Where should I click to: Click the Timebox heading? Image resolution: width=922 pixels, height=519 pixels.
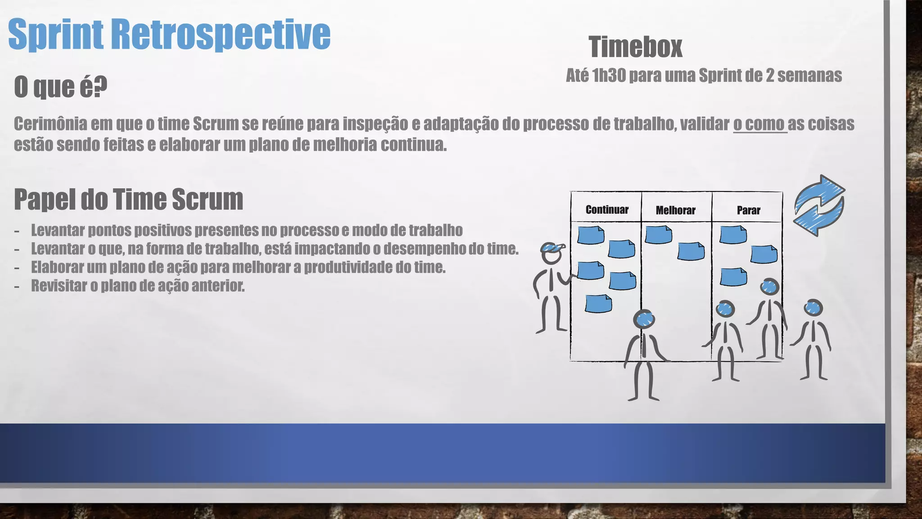click(x=635, y=47)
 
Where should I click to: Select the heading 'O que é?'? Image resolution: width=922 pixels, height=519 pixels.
click(x=61, y=86)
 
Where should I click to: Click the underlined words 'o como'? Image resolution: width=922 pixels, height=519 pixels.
click(x=759, y=123)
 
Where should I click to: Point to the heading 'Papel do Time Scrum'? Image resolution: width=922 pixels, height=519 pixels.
click(x=128, y=199)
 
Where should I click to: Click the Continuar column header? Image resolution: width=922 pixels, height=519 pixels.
click(x=607, y=209)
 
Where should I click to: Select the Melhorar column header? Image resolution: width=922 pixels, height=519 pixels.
click(x=675, y=210)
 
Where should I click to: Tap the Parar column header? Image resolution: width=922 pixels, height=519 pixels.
click(x=748, y=210)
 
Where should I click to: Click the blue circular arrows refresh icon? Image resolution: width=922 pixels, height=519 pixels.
click(x=819, y=205)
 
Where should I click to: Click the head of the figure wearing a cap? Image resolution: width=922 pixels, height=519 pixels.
click(x=551, y=254)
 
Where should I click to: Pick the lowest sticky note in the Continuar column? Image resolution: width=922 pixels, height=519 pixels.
click(x=598, y=303)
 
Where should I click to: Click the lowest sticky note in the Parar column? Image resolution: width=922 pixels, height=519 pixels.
click(x=733, y=277)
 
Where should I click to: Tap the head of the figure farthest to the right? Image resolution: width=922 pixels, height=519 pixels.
click(x=813, y=308)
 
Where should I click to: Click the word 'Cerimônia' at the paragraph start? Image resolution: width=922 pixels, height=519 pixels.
click(x=50, y=123)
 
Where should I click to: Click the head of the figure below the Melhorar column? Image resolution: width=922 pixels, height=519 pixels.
click(x=644, y=319)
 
